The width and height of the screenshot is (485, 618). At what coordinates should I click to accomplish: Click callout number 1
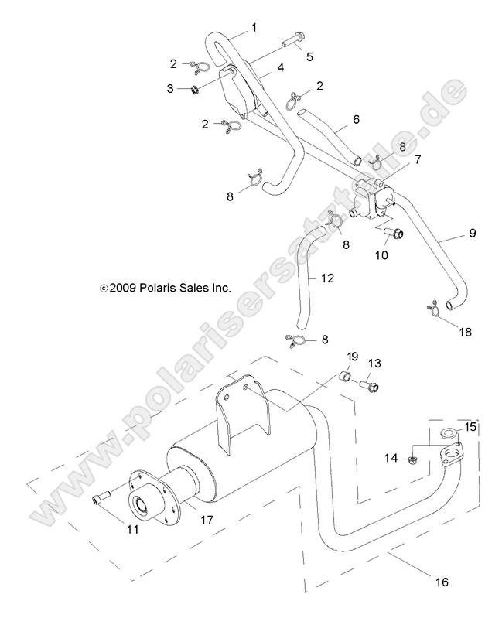click(x=254, y=29)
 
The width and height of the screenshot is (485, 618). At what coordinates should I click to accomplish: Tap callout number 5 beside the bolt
click(x=309, y=56)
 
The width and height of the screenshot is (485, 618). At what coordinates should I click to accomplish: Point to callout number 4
click(x=280, y=69)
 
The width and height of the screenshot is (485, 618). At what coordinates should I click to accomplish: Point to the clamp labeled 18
click(x=432, y=307)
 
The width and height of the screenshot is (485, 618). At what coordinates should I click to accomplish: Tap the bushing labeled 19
click(x=346, y=377)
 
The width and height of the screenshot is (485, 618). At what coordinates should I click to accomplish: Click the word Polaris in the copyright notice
click(x=157, y=287)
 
